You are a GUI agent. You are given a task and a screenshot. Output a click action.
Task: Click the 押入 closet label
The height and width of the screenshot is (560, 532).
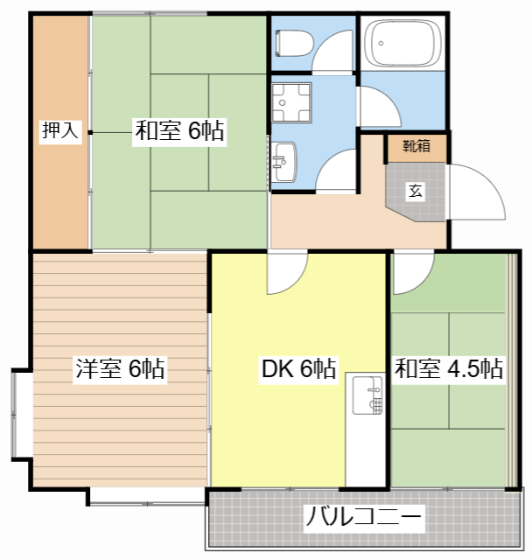pyautogui.click(x=60, y=131)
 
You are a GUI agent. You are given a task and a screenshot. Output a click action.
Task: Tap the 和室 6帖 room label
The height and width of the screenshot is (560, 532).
pyautogui.click(x=179, y=132)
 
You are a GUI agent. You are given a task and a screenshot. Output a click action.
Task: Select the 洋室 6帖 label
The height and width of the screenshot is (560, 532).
pyautogui.click(x=119, y=369)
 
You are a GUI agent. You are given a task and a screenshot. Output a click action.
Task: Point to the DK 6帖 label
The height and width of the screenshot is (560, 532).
pyautogui.click(x=299, y=369)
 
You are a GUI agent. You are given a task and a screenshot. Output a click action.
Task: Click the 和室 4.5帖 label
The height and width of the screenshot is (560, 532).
pyautogui.click(x=449, y=369)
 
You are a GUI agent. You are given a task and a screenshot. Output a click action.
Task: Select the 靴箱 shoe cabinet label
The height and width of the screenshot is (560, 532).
pyautogui.click(x=416, y=146)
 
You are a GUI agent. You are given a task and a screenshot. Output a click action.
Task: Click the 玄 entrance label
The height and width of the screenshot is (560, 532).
pyautogui.click(x=415, y=192)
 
